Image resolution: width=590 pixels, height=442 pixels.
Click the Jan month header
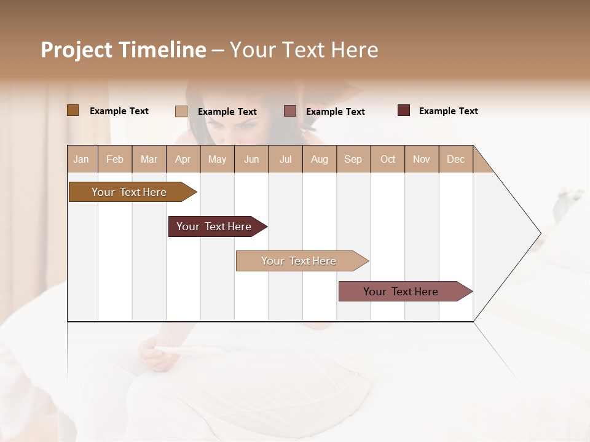[x=82, y=159]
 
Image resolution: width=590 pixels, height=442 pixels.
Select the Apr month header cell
[x=183, y=159]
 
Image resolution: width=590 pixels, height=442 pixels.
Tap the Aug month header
[x=319, y=159]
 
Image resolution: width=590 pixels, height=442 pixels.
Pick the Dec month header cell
[x=455, y=159]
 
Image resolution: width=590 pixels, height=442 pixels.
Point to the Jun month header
[x=251, y=159]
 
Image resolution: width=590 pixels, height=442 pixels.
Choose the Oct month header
[x=388, y=159]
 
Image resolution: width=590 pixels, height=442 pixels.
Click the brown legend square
[x=73, y=110]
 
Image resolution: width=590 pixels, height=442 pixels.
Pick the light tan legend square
[x=181, y=111]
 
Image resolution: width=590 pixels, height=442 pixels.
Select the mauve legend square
[x=289, y=111]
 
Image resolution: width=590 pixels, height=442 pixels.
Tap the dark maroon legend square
[x=403, y=110]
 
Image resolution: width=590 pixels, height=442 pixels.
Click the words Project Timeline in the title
[x=123, y=50]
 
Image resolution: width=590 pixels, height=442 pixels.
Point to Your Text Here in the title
[x=304, y=50]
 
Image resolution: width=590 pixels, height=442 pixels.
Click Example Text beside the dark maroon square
[x=448, y=110]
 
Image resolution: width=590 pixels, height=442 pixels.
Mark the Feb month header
[x=115, y=159]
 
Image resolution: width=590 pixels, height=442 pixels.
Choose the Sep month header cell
[x=353, y=159]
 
